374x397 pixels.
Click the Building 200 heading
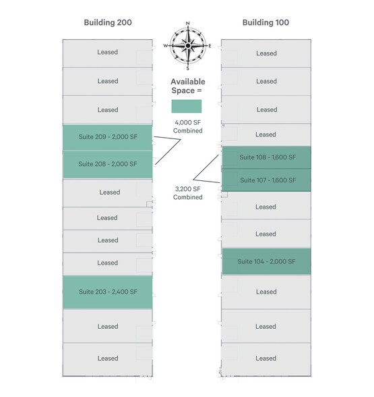[108, 22]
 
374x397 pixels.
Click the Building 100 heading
[266, 22]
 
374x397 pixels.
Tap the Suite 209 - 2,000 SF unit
[108, 138]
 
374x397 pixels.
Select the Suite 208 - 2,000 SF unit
[108, 165]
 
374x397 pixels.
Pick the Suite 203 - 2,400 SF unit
[108, 292]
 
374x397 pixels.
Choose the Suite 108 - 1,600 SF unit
[266, 157]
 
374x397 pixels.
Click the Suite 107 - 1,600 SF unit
[266, 180]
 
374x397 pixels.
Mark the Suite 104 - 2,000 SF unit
[266, 261]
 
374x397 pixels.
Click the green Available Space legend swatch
[187, 106]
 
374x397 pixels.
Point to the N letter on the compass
[188, 23]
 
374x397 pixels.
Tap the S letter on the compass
[188, 69]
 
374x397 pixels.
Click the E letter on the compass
[210, 46]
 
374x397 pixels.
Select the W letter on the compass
[166, 46]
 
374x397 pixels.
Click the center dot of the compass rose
[188, 46]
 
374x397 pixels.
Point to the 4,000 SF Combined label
[188, 127]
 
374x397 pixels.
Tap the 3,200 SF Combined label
[188, 193]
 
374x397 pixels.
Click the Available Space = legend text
[188, 86]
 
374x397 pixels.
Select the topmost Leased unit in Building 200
[108, 53]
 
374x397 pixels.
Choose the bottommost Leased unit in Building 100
[266, 359]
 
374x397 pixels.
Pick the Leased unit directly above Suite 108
[266, 135]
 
